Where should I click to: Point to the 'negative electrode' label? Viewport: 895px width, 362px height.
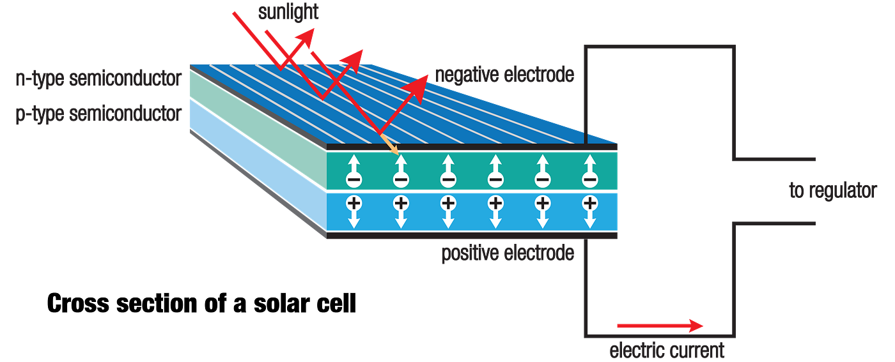coord(504,75)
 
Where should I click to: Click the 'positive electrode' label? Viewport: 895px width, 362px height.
coord(508,253)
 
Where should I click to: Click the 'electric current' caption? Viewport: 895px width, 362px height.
coord(667,350)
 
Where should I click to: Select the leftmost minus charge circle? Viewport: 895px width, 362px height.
coord(353,180)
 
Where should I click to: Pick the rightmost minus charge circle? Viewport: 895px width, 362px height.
coord(589,180)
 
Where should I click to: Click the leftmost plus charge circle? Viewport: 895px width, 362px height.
coord(353,204)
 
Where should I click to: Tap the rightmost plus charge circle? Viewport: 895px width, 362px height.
coord(589,204)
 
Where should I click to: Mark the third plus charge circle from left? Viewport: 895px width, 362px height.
coord(447,204)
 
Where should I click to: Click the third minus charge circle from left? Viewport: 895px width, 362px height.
coord(447,180)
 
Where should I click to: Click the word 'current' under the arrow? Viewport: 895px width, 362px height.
coord(695,350)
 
